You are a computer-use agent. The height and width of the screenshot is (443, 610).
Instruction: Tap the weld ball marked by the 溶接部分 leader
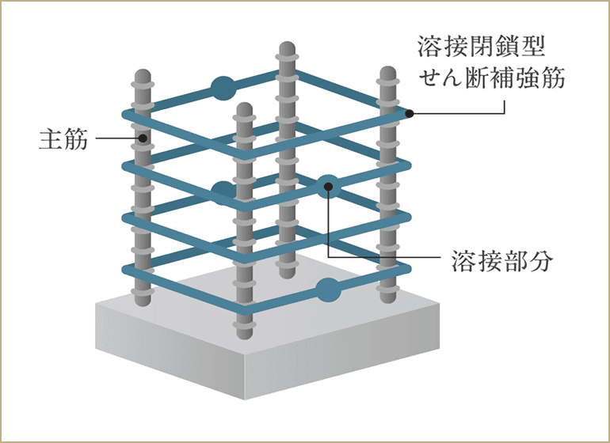327,187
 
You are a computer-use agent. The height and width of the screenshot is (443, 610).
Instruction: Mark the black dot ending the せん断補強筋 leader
410,114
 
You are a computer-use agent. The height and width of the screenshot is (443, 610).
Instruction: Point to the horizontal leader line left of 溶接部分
396,259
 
